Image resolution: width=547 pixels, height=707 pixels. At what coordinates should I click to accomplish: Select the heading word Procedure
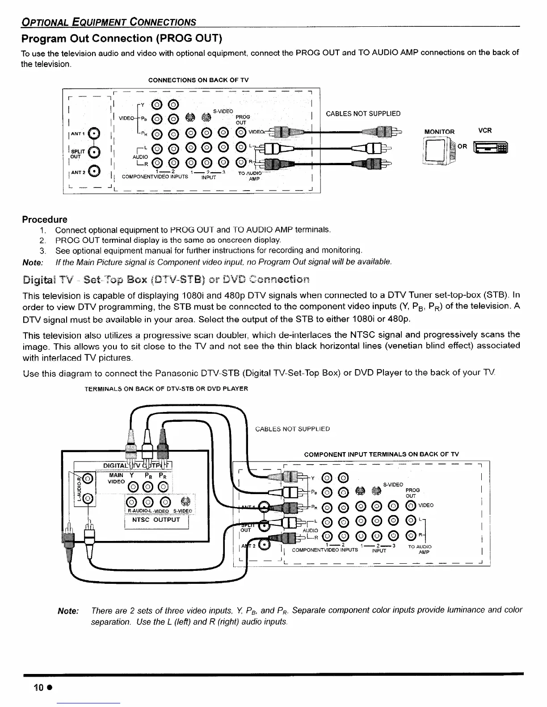[45, 220]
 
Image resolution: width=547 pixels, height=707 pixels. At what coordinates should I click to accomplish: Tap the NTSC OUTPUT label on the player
[156, 520]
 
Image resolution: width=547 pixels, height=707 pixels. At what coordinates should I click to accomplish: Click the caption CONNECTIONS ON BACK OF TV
[198, 80]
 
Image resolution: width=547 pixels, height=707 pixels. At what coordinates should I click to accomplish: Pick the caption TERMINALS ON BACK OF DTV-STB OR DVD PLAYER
[166, 389]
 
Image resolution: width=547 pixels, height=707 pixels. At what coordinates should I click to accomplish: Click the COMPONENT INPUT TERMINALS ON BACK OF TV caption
[381, 454]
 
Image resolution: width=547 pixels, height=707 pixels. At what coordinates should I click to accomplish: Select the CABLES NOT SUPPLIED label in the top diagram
[363, 114]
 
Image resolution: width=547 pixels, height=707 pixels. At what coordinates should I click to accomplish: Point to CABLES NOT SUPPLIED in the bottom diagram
[292, 429]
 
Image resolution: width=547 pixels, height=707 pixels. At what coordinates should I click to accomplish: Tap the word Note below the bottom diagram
[68, 611]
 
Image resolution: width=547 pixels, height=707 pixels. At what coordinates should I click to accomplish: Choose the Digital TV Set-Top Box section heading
[165, 280]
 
